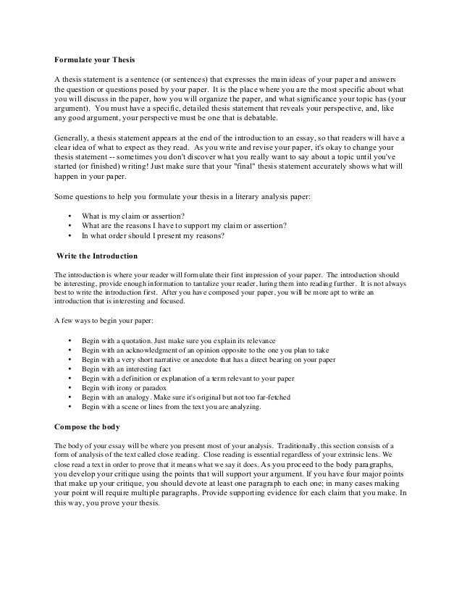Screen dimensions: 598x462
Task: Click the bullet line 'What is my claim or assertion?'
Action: (x=133, y=215)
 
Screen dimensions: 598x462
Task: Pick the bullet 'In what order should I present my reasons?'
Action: (x=154, y=235)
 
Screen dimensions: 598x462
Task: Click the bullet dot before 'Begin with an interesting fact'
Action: (x=69, y=369)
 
